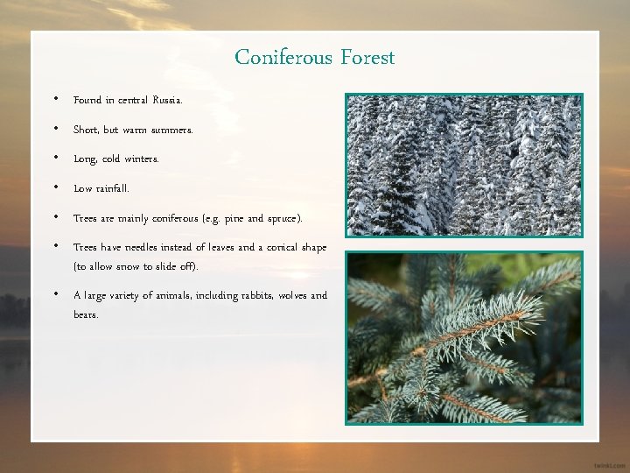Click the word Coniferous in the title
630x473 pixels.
tap(283, 59)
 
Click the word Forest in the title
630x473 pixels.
tap(366, 59)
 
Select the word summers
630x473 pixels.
tap(172, 131)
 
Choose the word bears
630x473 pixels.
tap(86, 314)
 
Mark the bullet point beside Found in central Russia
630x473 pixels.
tap(55, 100)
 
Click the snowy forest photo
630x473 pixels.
tap(464, 165)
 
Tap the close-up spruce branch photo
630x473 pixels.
tap(464, 337)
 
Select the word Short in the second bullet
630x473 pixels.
tap(85, 131)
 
